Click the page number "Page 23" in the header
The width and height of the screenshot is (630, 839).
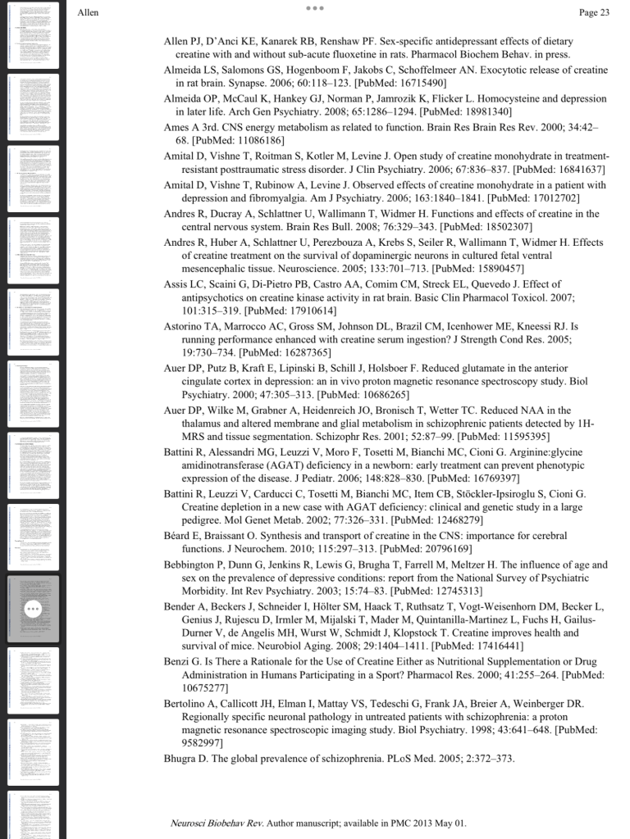point(594,12)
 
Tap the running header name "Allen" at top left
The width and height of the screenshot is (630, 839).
point(88,12)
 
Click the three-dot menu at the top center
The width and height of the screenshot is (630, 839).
point(315,8)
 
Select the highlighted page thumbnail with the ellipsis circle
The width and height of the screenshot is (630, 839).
point(33,609)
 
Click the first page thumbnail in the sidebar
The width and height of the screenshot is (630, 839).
point(33,34)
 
